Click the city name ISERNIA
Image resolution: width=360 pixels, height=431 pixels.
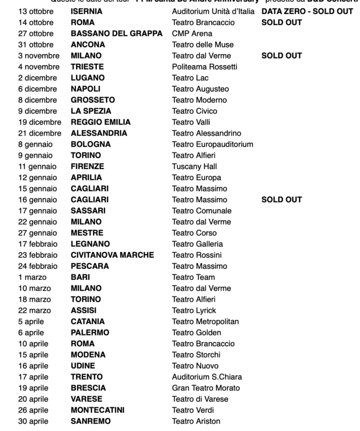[x=86, y=11]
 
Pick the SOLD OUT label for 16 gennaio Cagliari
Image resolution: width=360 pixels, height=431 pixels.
[x=281, y=200]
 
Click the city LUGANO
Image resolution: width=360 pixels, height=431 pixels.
[x=87, y=78]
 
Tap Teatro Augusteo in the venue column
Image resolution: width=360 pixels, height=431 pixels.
[x=200, y=89]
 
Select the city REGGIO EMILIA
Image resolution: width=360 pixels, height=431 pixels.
[x=100, y=122]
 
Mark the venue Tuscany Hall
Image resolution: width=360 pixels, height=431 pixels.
[x=194, y=166]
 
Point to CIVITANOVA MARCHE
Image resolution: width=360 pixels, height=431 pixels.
[x=112, y=255]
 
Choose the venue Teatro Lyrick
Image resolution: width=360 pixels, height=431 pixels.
[x=194, y=311]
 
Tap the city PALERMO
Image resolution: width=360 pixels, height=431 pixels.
[x=90, y=333]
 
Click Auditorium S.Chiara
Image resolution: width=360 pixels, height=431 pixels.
[x=207, y=377]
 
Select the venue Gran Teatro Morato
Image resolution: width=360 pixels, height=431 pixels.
[x=206, y=388]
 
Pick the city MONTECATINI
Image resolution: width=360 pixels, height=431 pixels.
[x=97, y=410]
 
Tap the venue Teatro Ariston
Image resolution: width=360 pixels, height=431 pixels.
[x=196, y=422]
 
